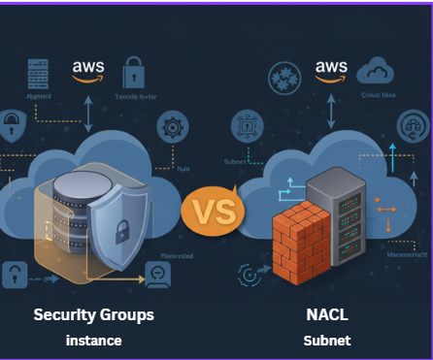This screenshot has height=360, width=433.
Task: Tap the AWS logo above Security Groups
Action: coord(88,71)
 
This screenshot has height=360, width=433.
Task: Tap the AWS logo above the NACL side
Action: coord(330,70)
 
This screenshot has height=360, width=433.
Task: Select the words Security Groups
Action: coord(93,315)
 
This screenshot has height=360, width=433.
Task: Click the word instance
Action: coord(93,341)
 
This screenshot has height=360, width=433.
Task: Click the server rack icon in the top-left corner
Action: coord(38,75)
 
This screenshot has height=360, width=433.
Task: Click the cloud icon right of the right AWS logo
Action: coord(375,71)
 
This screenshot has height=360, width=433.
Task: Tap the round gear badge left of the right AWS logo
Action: coord(285,78)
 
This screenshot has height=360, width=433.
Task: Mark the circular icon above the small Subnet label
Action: coord(247,126)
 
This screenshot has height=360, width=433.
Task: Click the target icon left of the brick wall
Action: coord(249,276)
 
